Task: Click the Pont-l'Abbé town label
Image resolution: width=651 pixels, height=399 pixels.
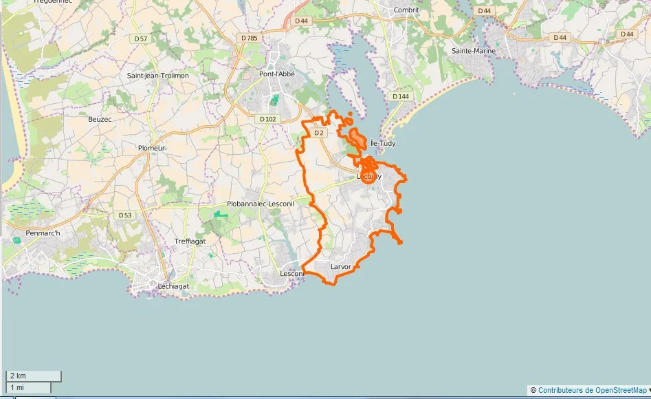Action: (277, 74)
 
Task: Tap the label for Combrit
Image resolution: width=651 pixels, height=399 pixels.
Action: (406, 10)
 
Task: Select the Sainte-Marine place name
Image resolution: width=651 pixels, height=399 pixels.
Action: (474, 51)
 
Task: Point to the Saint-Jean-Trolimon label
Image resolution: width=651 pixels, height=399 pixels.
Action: (158, 75)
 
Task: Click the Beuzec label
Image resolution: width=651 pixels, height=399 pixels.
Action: (100, 119)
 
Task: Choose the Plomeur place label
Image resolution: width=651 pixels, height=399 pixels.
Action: (152, 148)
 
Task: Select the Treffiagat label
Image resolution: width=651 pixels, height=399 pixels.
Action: (190, 241)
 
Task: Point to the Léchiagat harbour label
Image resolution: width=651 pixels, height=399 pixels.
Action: (173, 285)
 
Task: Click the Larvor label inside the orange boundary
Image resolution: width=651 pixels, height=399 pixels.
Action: (340, 266)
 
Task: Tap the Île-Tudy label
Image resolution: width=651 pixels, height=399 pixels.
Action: (383, 143)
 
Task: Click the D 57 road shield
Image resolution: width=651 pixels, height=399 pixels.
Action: (140, 39)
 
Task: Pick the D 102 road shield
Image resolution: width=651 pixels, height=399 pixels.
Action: (268, 119)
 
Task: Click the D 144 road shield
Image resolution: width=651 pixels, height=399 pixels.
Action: (401, 96)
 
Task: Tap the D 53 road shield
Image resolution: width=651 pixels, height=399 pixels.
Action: (124, 215)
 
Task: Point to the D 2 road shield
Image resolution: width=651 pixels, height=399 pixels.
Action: (318, 133)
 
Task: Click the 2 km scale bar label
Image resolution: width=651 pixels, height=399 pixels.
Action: (18, 376)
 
